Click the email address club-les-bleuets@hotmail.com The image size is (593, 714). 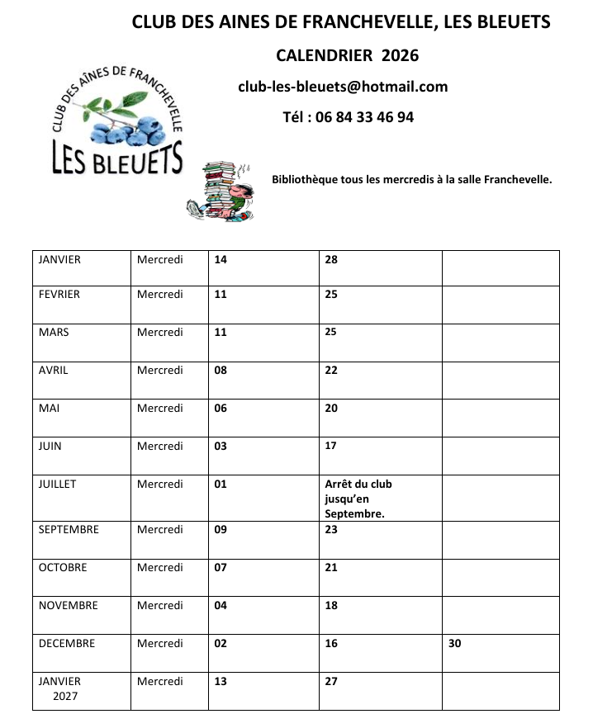click(343, 87)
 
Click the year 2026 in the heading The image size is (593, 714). click(400, 55)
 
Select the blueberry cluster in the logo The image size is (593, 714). click(124, 128)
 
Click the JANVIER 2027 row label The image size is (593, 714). click(59, 688)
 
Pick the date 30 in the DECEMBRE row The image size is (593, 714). click(455, 644)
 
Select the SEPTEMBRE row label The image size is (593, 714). click(69, 530)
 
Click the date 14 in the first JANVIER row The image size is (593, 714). click(221, 260)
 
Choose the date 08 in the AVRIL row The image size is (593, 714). click(221, 371)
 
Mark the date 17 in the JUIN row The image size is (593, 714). click(331, 447)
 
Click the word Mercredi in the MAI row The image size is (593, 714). click(160, 409)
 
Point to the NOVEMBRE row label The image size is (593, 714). click(69, 606)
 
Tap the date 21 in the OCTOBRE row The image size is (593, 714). click(331, 568)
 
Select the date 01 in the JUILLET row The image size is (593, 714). click(221, 485)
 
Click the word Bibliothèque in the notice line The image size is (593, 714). click(305, 179)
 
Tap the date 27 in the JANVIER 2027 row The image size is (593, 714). click(331, 682)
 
